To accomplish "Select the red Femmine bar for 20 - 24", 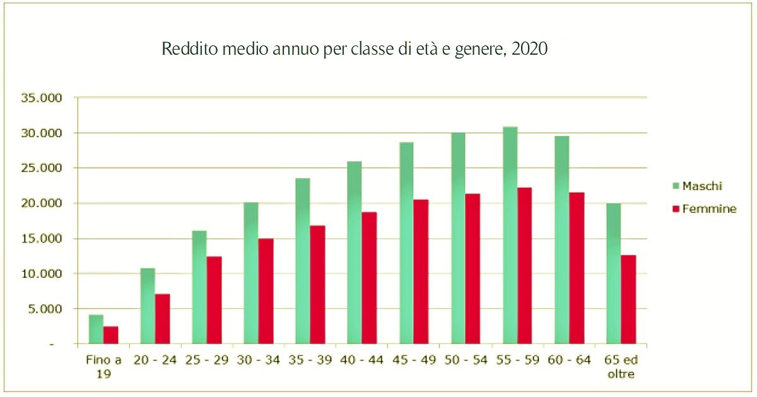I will point(163,319).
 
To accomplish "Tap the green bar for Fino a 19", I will point(96,329).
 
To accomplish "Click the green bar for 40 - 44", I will point(355,253).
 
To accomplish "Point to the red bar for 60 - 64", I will point(577,268).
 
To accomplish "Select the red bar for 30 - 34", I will point(266,291).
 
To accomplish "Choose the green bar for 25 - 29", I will point(199,287).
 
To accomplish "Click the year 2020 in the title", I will point(530,50).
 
